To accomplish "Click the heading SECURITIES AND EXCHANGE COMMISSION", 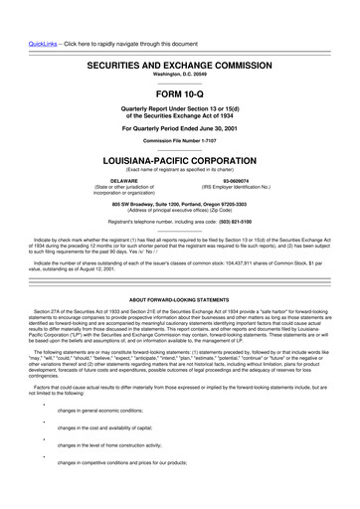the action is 179,35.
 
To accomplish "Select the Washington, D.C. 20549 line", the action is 179,46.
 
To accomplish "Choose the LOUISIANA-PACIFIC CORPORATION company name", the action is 179,158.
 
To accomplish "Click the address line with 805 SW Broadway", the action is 179,204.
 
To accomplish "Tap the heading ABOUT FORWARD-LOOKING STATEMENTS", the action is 179,298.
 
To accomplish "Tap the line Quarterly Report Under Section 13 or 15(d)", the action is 179,91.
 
